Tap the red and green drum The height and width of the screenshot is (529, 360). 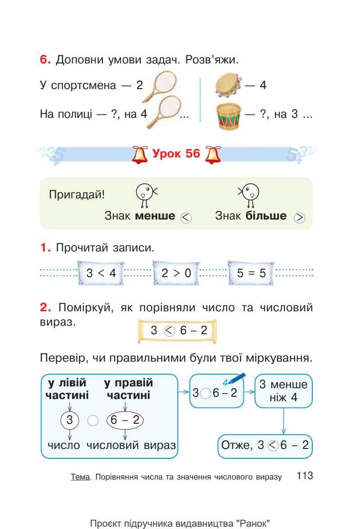pyautogui.click(x=229, y=116)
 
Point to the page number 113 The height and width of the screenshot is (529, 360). pyautogui.click(x=305, y=476)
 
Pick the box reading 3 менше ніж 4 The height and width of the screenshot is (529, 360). pyautogui.click(x=283, y=391)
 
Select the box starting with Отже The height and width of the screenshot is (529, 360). pyautogui.click(x=265, y=445)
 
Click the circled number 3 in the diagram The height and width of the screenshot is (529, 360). pyautogui.click(x=69, y=421)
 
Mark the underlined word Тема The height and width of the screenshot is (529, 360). pyautogui.click(x=79, y=477)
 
